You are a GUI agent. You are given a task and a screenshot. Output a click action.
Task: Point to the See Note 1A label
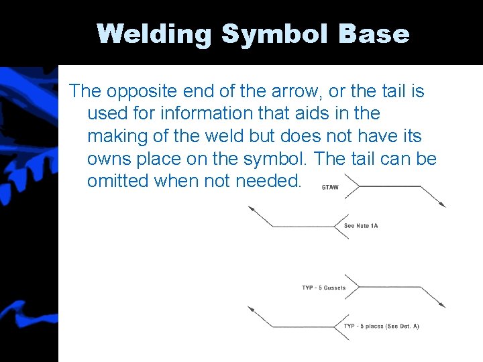[361, 226]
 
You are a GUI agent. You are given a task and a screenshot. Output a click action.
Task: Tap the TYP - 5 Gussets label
[324, 288]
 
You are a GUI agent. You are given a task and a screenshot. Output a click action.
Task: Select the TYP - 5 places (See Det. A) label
[381, 326]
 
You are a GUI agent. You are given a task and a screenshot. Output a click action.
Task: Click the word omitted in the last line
[119, 182]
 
